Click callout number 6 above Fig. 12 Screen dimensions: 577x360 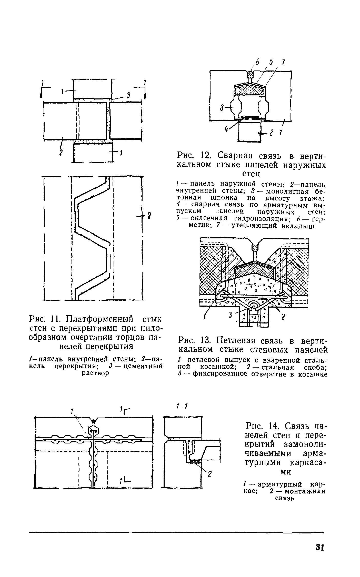(257, 63)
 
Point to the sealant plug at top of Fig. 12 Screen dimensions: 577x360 (250, 75)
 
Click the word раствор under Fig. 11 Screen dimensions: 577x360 (95, 373)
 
